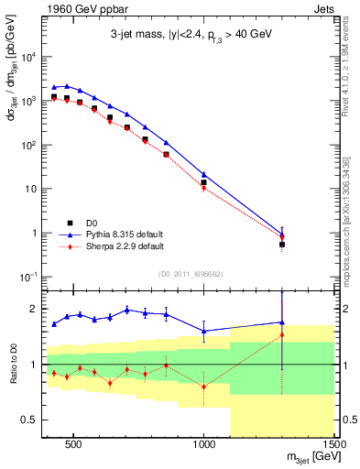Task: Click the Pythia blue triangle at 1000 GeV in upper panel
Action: coord(203,174)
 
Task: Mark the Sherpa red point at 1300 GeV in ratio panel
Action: coord(282,334)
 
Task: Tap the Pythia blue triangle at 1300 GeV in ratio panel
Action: coord(282,322)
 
